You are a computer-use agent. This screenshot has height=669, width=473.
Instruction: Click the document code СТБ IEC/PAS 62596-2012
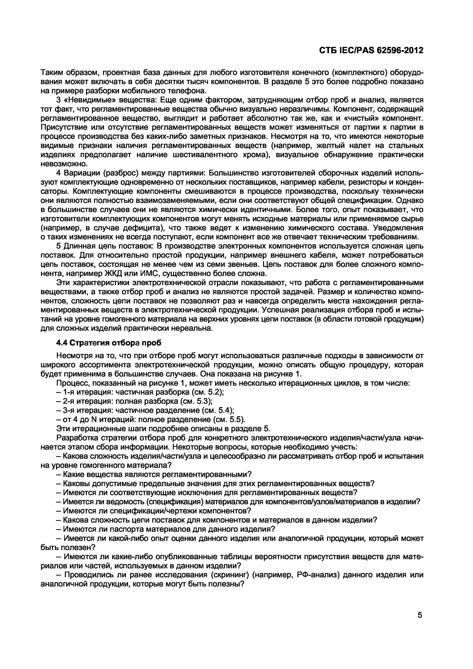371,50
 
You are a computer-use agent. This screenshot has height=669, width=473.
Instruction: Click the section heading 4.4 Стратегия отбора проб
108,343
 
